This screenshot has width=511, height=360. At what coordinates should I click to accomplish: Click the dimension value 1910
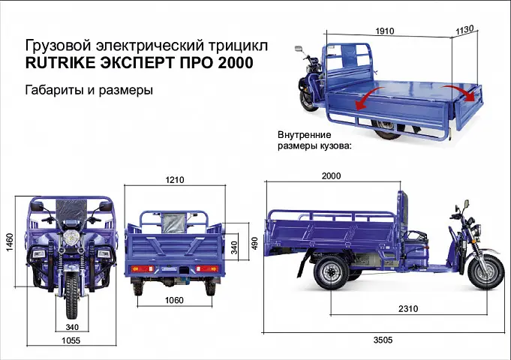pyautogui.click(x=384, y=31)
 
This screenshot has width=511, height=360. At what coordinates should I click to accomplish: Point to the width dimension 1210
pyautogui.click(x=175, y=180)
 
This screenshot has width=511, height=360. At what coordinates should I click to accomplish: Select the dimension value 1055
pyautogui.click(x=71, y=339)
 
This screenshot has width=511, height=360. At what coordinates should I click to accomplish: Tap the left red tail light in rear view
pyautogui.click(x=141, y=268)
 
